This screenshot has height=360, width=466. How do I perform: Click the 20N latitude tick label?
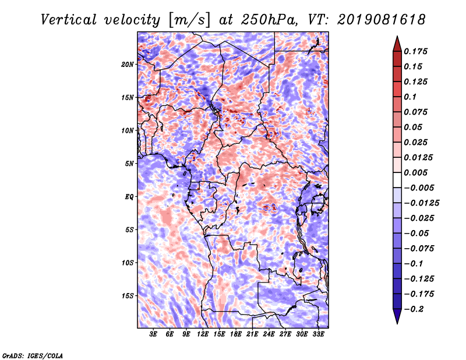[128, 65]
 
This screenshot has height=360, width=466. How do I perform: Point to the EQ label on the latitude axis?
[129, 197]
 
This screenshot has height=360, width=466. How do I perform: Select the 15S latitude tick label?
[128, 296]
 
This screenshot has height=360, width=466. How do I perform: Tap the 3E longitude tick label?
[153, 334]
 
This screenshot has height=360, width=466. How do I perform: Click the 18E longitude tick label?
[236, 334]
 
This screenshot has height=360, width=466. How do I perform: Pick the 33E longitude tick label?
[318, 334]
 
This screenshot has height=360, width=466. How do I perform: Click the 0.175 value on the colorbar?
[415, 51]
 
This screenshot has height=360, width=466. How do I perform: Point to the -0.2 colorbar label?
[414, 309]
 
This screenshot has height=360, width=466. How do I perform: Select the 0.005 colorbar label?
[415, 172]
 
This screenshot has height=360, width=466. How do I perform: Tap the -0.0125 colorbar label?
[421, 203]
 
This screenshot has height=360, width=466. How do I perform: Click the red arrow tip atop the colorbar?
[397, 37]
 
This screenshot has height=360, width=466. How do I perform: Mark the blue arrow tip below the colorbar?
[397, 323]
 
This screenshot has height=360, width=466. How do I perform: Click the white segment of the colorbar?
[397, 180]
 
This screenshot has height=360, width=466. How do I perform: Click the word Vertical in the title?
[69, 20]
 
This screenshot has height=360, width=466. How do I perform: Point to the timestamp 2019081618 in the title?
[382, 20]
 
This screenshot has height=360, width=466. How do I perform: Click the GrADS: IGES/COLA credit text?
[33, 355]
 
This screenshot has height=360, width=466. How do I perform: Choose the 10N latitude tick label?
[128, 130]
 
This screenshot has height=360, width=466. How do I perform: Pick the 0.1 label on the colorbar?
[410, 97]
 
